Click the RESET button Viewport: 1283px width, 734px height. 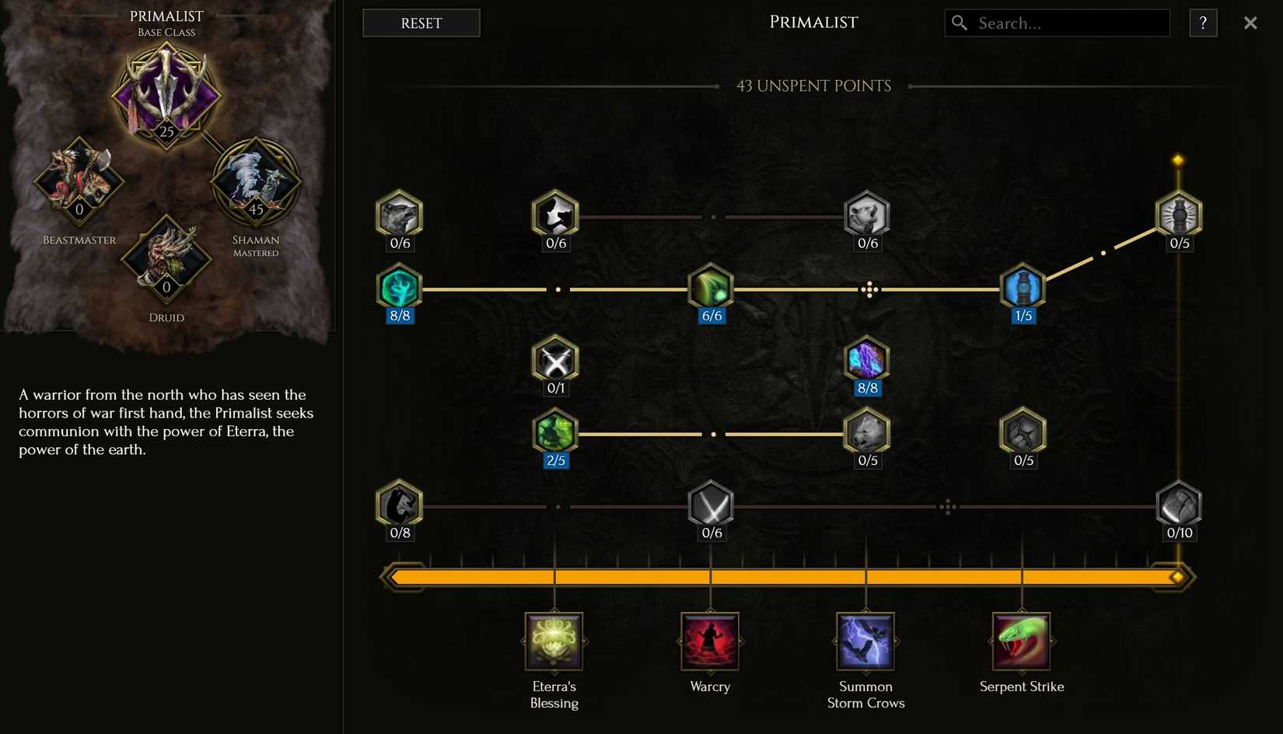(421, 23)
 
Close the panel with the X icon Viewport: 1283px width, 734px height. (1250, 23)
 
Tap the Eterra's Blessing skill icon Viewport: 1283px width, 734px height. (554, 641)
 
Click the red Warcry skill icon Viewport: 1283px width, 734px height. (710, 641)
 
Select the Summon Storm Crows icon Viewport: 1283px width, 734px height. (865, 641)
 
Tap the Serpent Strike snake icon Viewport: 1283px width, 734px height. (1022, 641)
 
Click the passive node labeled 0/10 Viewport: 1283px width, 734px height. (1179, 505)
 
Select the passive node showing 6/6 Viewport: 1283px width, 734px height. (711, 288)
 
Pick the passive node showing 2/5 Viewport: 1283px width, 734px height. (554, 432)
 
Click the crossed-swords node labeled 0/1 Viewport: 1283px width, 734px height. (555, 360)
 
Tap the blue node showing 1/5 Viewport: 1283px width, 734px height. (1023, 288)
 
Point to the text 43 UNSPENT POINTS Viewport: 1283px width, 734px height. (813, 86)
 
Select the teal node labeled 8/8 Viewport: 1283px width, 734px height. (399, 288)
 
